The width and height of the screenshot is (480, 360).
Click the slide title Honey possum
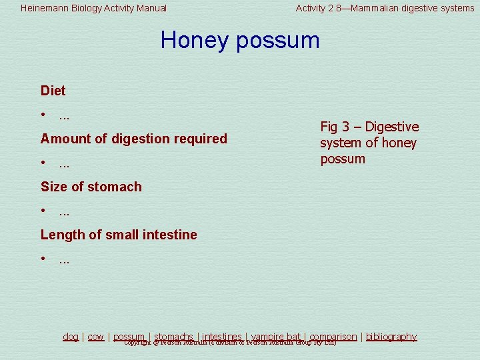pyautogui.click(x=240, y=40)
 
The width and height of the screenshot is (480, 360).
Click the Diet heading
pyautogui.click(x=53, y=91)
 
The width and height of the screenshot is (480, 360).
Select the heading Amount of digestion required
pyautogui.click(x=133, y=139)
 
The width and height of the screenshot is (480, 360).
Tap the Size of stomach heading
pyautogui.click(x=91, y=187)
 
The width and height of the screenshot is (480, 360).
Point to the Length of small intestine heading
pyautogui.click(x=119, y=235)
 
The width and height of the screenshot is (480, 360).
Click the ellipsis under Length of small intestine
pyautogui.click(x=65, y=260)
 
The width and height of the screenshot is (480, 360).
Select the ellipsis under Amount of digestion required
pyautogui.click(x=65, y=164)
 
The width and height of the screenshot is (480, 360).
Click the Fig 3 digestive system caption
pyautogui.click(x=369, y=143)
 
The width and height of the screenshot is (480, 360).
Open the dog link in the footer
pyautogui.click(x=71, y=337)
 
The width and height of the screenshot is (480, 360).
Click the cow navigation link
pyautogui.click(x=96, y=337)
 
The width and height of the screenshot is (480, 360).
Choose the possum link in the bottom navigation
pyautogui.click(x=129, y=337)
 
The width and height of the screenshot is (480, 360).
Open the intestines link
pyautogui.click(x=222, y=337)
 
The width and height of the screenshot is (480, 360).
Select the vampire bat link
pyautogui.click(x=276, y=337)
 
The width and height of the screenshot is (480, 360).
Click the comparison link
pyautogui.click(x=333, y=337)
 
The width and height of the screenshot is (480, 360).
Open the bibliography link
pyautogui.click(x=391, y=337)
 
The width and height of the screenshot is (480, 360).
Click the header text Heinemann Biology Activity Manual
pyautogui.click(x=93, y=8)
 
